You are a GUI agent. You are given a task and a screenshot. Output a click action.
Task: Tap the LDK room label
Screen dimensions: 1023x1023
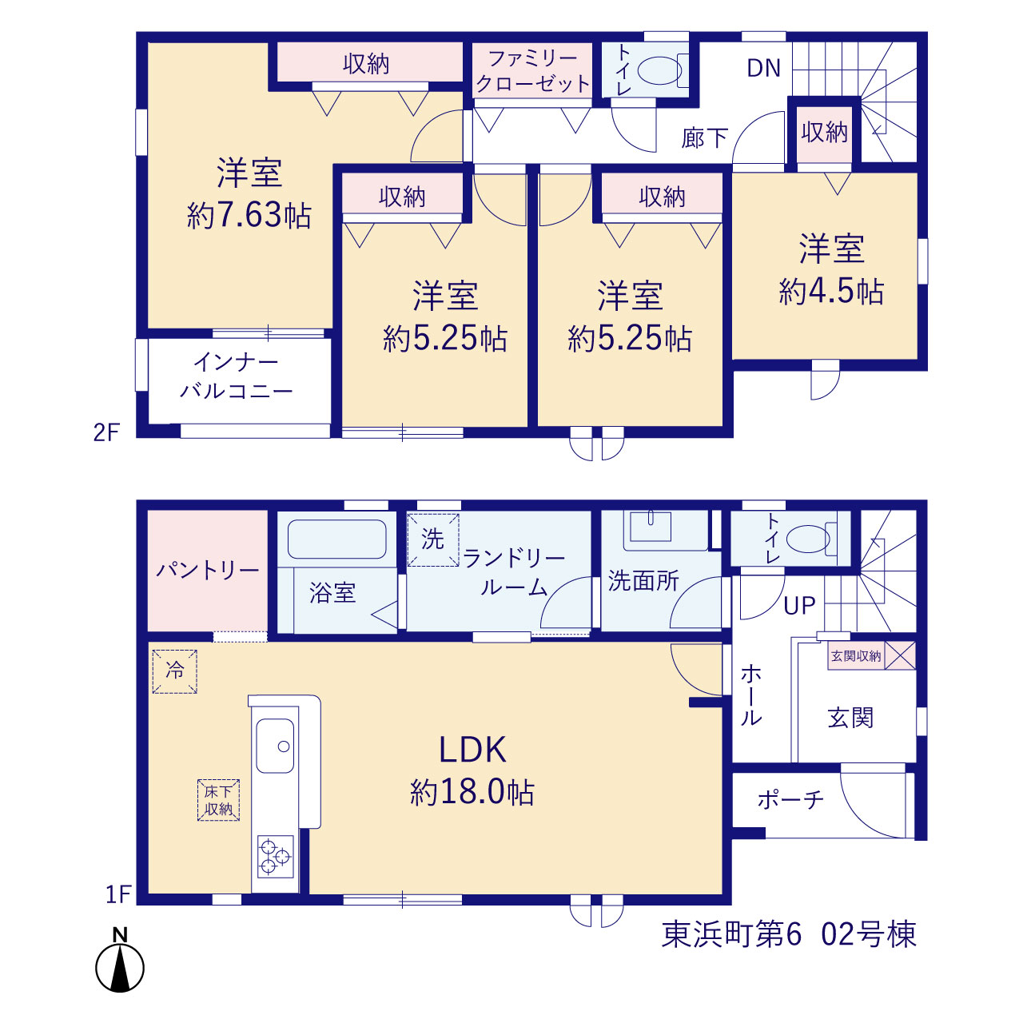tap(472, 750)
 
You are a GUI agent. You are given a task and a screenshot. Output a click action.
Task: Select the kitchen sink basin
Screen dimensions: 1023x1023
tap(275, 746)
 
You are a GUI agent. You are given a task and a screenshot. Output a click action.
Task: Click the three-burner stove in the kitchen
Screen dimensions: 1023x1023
tap(275, 856)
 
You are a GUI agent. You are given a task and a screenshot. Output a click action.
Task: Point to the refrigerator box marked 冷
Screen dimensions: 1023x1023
tap(175, 671)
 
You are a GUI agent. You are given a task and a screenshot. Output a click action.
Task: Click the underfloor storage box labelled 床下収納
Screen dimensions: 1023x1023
tap(218, 800)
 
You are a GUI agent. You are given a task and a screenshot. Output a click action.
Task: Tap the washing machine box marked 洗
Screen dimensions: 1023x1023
tap(432, 539)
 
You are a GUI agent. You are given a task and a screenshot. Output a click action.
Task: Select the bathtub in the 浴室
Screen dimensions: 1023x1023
tap(336, 539)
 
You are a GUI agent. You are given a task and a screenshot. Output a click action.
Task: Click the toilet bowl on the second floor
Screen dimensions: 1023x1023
tap(659, 70)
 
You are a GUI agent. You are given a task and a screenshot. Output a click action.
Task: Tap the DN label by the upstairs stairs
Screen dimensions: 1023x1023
tap(763, 68)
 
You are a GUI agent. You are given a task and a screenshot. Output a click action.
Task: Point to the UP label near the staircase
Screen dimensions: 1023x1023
tap(799, 606)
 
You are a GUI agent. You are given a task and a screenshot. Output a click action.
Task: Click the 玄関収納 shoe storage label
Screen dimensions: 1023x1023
tap(856, 656)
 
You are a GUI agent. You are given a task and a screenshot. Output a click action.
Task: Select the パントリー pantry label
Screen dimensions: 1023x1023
tap(208, 571)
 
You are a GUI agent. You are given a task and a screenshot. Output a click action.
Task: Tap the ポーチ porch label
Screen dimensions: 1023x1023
tap(790, 799)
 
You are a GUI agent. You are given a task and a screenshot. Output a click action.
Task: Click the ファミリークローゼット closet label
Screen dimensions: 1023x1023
tap(532, 71)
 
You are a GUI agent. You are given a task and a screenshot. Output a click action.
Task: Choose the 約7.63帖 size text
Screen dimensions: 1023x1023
tap(249, 216)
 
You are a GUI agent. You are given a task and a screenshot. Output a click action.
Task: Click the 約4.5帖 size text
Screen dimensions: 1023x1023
tap(831, 292)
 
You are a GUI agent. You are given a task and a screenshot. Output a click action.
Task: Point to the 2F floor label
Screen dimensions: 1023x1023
tap(106, 432)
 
